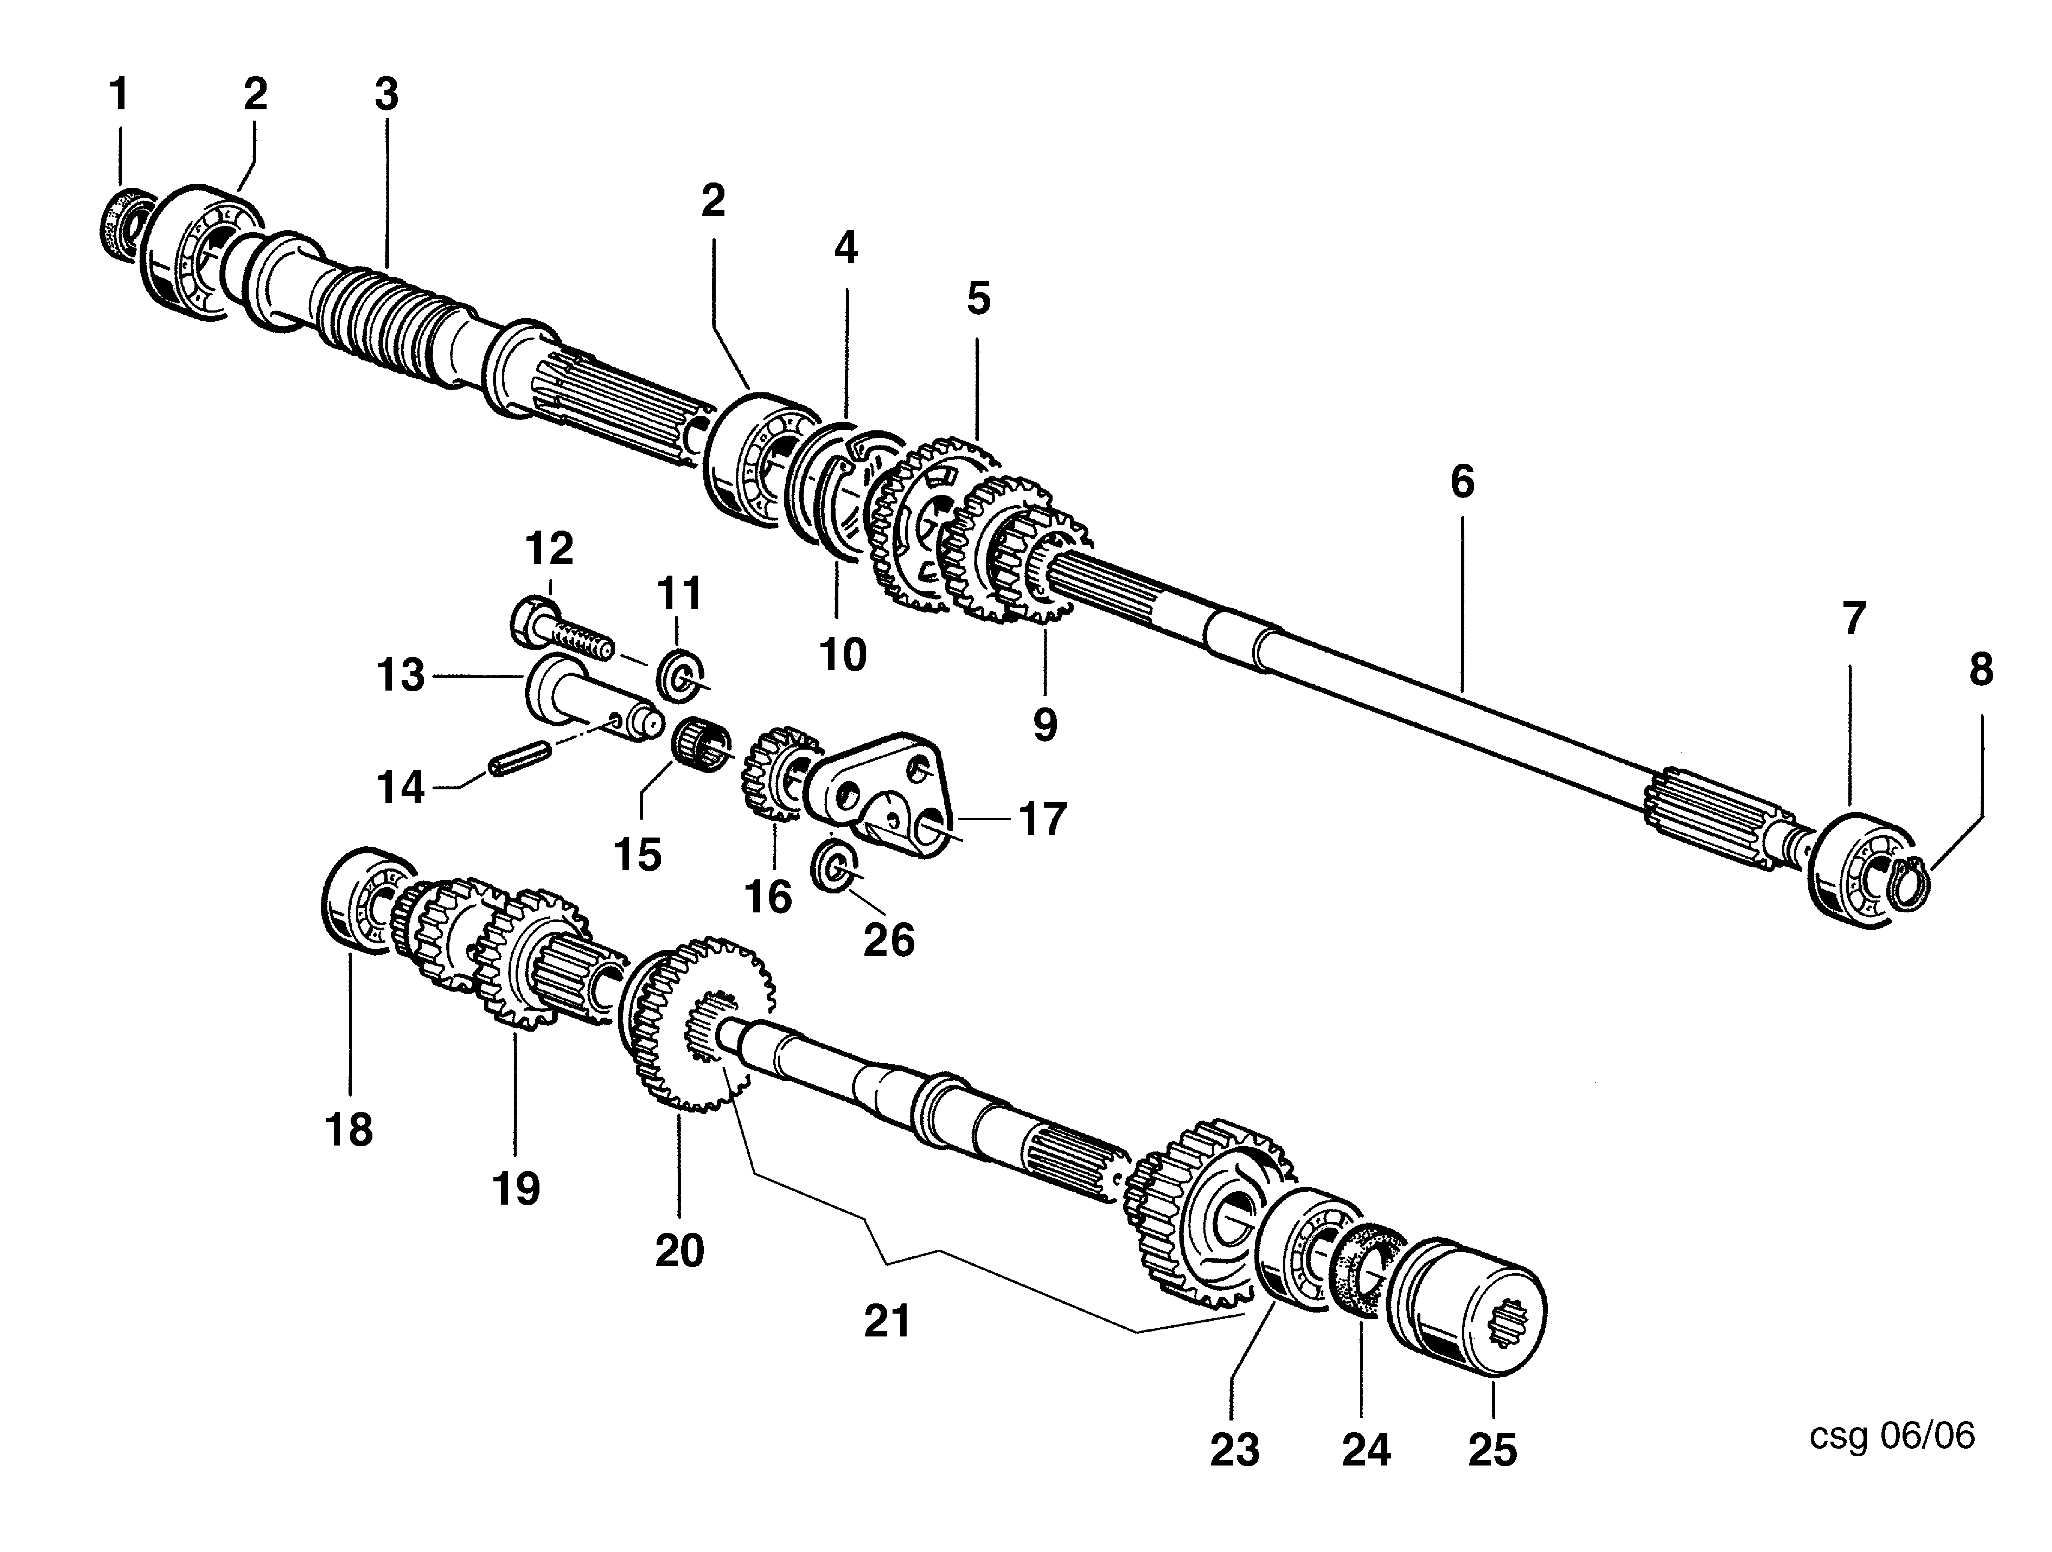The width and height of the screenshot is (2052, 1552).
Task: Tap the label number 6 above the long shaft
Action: [1462, 481]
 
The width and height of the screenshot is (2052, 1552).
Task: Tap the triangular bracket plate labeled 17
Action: [881, 793]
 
